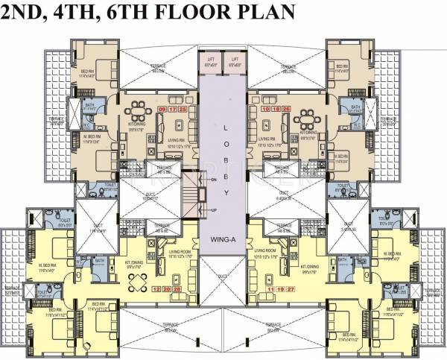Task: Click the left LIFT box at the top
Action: point(211,62)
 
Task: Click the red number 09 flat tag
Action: point(162,110)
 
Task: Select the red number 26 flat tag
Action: point(287,110)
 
